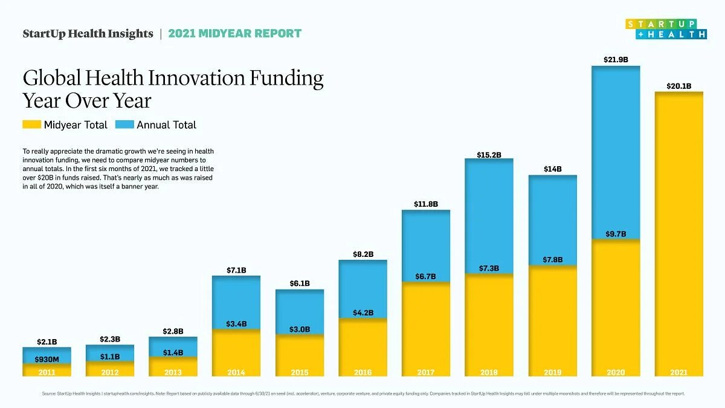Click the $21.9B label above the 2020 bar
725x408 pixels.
point(615,60)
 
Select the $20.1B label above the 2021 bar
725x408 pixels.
point(678,86)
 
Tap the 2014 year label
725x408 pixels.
point(236,372)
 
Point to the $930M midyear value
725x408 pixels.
point(47,359)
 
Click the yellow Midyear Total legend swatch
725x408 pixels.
point(31,125)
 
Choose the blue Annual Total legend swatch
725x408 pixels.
point(124,125)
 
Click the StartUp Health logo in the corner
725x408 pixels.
point(666,29)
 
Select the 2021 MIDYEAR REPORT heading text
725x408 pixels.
point(234,34)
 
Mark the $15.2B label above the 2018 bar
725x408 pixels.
point(489,155)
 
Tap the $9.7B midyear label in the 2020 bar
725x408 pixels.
point(615,234)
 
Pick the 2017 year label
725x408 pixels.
point(425,372)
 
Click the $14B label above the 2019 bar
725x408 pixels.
point(552,169)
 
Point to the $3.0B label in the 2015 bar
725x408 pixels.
point(299,329)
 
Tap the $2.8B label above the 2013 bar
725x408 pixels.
point(173,332)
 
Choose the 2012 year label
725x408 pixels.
point(109,372)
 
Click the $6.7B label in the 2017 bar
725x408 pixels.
point(425,276)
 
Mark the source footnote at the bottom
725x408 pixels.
point(362,393)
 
